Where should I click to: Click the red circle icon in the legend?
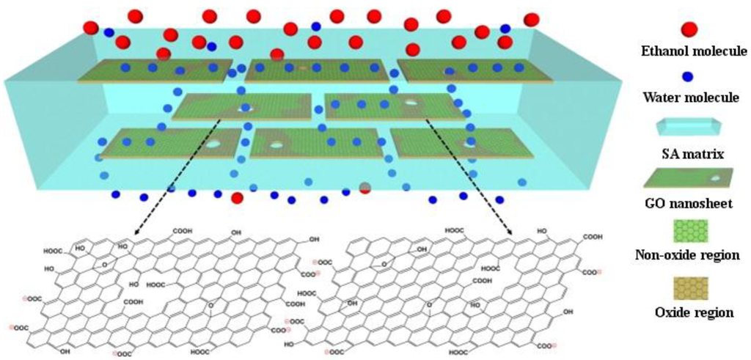(689, 30)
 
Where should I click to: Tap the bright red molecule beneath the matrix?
(237, 198)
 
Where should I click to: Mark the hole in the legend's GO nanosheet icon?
(715, 177)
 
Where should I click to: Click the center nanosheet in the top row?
(316, 70)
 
